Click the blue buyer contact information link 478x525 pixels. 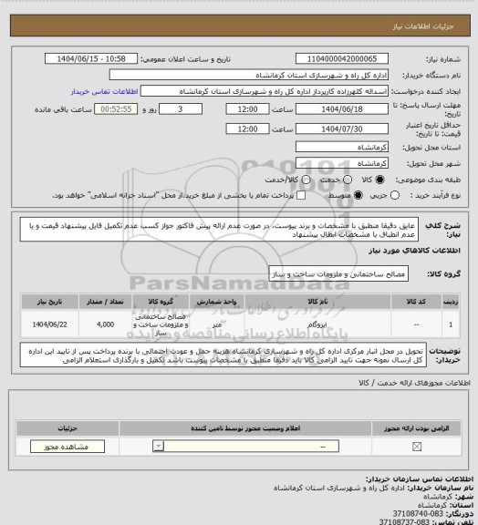click(104, 91)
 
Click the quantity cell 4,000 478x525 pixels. click(105, 324)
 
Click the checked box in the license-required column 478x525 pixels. click(418, 447)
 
